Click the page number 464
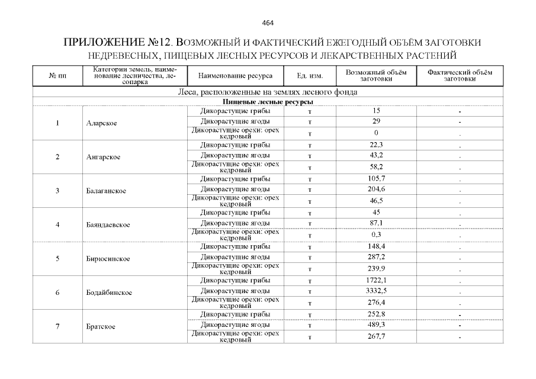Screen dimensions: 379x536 pos(268,23)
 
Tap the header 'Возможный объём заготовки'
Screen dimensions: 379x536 pos(376,76)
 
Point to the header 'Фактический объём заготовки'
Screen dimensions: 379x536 pos(460,76)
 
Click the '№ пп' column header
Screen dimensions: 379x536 pos(57,76)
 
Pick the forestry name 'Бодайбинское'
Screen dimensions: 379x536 pos(109,293)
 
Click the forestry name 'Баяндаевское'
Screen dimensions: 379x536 pos(108,225)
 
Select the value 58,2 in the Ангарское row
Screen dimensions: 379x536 pos(377,167)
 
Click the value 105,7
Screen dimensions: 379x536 pos(377,178)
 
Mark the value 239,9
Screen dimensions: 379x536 pos(377,268)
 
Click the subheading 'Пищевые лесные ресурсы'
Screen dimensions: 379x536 pos(268,102)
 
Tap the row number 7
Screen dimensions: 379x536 pos(57,326)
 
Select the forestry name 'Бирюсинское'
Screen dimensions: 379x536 pos(108,259)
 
